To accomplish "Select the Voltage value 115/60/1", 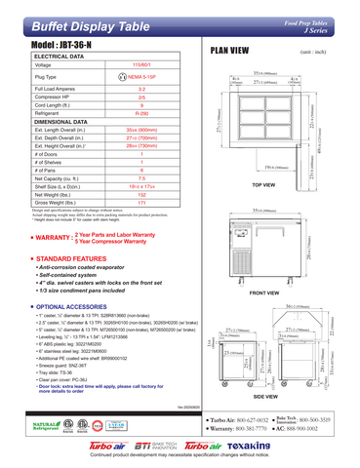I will coord(141,64).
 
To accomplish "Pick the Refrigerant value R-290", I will coord(142,114).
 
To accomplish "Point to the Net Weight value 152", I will coord(142,193).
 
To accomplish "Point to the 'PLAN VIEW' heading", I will coord(230,49).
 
